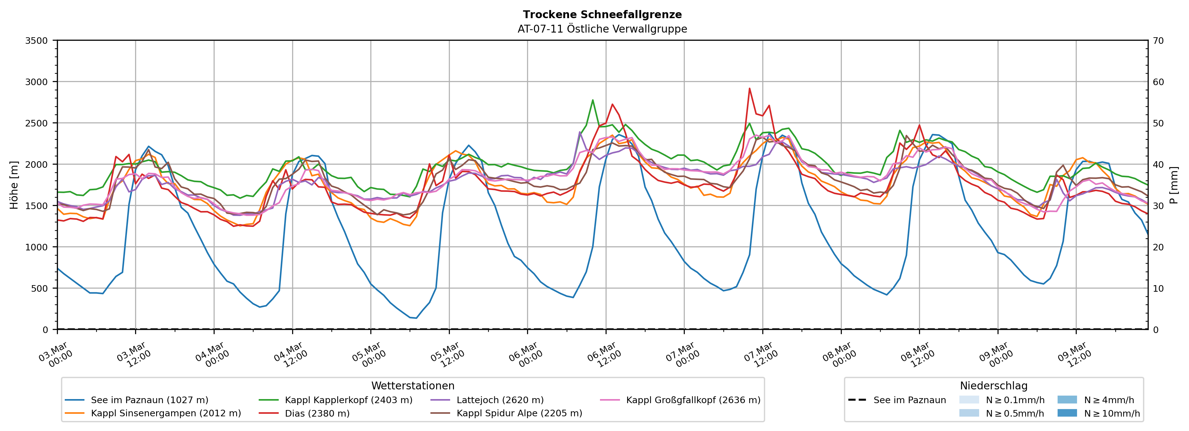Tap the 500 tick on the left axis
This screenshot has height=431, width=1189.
click(x=39, y=288)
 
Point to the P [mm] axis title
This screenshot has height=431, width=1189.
click(x=1174, y=185)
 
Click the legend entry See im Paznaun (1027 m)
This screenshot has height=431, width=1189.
click(x=149, y=400)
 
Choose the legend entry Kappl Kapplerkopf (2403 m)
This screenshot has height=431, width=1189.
click(x=348, y=400)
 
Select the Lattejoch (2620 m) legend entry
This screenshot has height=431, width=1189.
click(x=500, y=400)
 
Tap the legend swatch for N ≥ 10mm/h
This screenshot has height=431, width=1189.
click(x=1067, y=413)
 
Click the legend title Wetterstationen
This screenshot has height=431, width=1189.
click(x=413, y=386)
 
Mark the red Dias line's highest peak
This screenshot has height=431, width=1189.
click(x=749, y=88)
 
